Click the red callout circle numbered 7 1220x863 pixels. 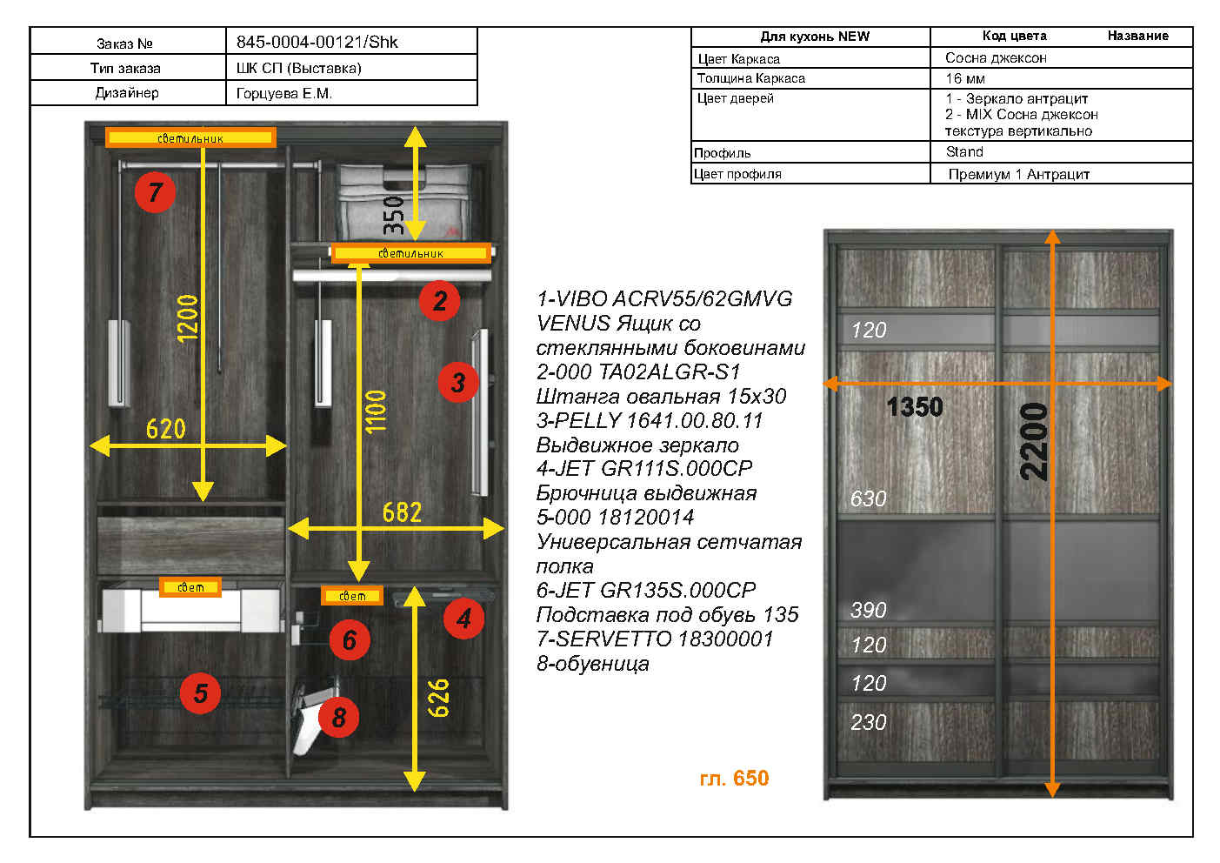coord(156,191)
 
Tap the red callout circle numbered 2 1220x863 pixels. coord(439,300)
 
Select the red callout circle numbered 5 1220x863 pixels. coord(200,693)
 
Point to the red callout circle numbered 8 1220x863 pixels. coord(339,717)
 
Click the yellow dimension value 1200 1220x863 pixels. coord(188,318)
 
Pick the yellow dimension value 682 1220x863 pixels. coord(402,512)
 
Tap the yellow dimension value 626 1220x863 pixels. coord(438,698)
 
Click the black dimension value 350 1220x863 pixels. coord(393,216)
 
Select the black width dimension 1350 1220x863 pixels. coord(915,407)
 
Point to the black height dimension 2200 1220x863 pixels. coord(1033,442)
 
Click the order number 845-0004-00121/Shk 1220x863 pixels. coord(317,42)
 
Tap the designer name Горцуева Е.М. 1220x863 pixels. coord(283,94)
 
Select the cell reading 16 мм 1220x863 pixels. coord(1061,78)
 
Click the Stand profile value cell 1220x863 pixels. coord(1061,152)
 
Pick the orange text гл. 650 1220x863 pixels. coord(734,778)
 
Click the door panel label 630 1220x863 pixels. coord(868,498)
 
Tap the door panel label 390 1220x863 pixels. coord(868,610)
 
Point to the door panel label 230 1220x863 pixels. coord(868,722)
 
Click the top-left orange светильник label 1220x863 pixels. coord(190,137)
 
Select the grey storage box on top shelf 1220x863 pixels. coord(403,202)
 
